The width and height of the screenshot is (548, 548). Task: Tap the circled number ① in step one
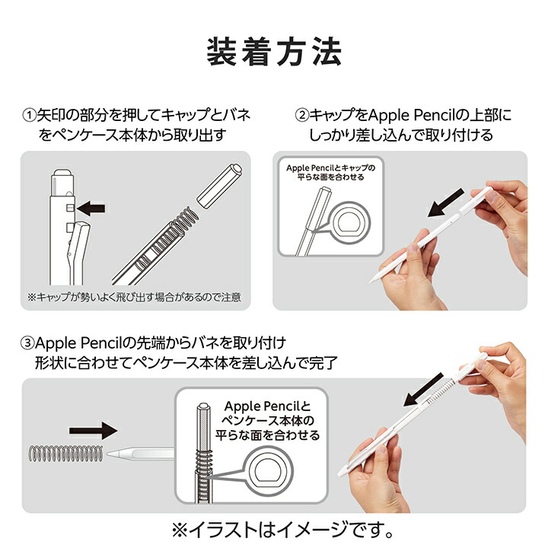click(28, 116)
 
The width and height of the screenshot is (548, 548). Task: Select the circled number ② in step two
click(301, 116)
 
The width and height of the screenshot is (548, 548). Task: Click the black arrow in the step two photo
click(444, 205)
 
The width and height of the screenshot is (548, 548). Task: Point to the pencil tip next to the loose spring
click(113, 454)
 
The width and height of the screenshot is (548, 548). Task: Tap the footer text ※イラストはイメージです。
click(273, 528)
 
